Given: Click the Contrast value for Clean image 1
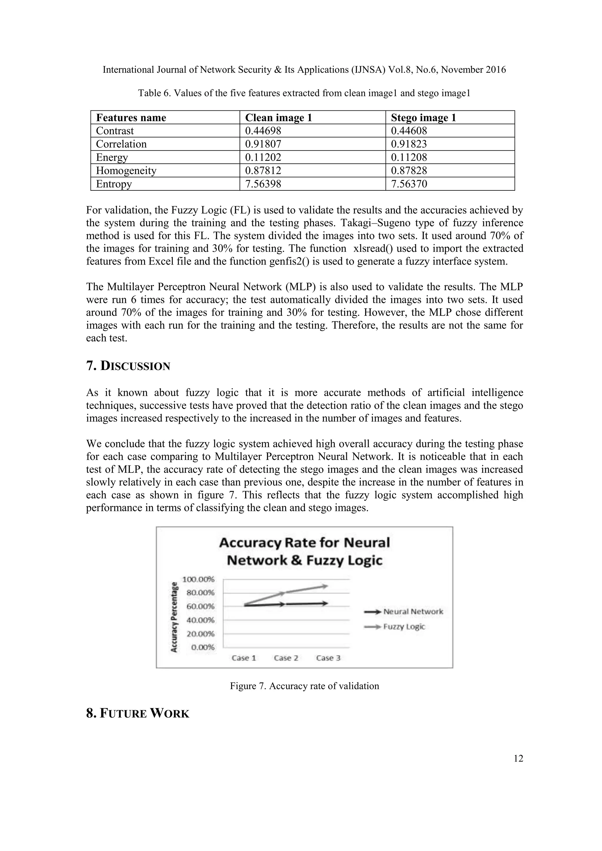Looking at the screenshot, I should pos(263,131).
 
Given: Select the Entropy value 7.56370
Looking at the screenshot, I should pos(409,184).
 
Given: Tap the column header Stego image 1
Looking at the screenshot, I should pos(423,118).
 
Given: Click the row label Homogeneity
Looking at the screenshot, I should pos(126,170).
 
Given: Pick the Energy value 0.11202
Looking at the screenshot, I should pos(263,158).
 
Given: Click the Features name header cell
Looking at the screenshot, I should pos(131,118).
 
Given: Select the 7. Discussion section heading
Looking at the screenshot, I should pos(128,366).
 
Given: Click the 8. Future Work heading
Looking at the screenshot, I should pos(138,713).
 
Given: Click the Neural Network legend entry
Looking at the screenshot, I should pos(413,612).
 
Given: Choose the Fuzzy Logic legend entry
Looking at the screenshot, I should pos(404,627).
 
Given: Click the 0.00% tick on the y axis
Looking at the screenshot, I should pos(203,647).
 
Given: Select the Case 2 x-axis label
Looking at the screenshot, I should pos(286,658).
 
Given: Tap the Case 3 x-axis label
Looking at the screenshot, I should pos(328,658).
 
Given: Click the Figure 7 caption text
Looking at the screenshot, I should pos(304,686).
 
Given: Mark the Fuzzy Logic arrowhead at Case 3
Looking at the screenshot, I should pos(325,586).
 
